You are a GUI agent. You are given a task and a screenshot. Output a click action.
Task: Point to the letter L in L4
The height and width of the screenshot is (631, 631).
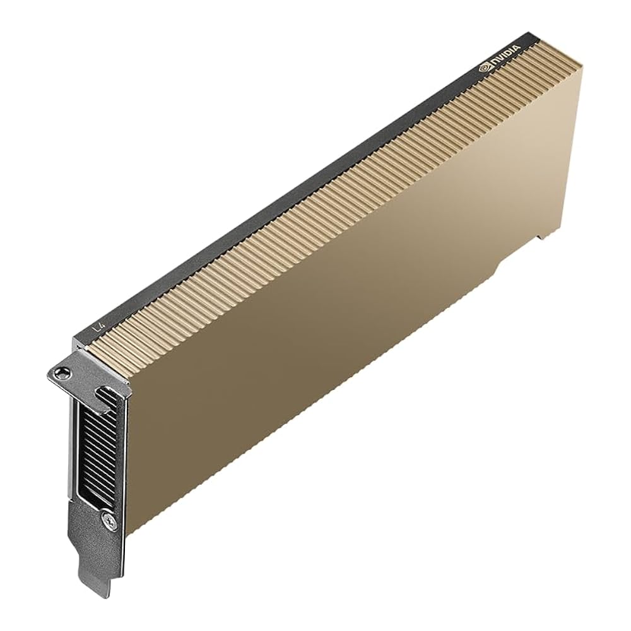[95, 329]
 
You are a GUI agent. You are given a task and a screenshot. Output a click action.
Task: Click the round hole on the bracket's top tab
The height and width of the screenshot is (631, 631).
[61, 372]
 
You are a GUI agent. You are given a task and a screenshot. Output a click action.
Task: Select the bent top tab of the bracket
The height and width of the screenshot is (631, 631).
[69, 372]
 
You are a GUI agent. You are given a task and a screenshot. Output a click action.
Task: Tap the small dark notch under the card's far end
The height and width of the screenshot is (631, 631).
[541, 234]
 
